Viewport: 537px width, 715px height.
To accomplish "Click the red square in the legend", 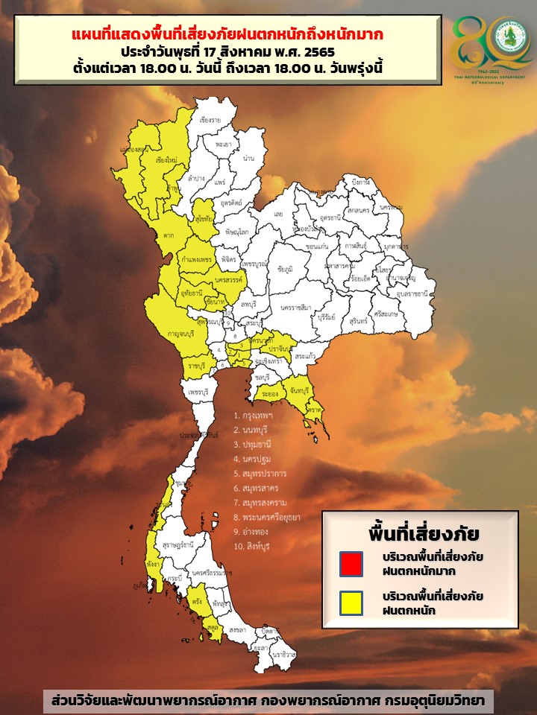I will pos(351,563).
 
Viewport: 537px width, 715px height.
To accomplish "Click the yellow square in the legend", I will pos(351,603).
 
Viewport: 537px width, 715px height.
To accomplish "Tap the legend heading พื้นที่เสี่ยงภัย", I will pos(424,534).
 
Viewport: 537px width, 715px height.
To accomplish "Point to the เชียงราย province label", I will pos(211,120).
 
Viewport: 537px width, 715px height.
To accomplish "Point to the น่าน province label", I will pos(248,159).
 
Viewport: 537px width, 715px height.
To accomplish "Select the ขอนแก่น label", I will pos(317,246).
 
